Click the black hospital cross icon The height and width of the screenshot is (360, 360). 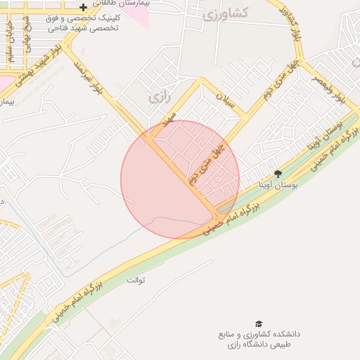pyautogui.click(x=83, y=7)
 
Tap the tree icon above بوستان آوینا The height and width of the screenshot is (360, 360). pyautogui.click(x=278, y=173)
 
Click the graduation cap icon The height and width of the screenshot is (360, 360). pyautogui.click(x=259, y=323)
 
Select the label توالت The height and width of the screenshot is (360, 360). pyautogui.click(x=136, y=281)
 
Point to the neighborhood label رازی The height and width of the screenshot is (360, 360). pyautogui.click(x=160, y=98)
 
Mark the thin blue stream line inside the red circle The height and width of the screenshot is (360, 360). pyautogui.click(x=169, y=219)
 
